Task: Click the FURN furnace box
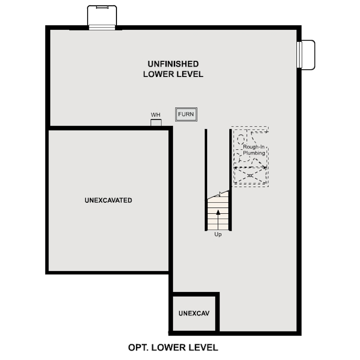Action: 186,114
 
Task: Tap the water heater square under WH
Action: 156,123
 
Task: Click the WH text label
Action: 156,115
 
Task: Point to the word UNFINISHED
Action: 173,64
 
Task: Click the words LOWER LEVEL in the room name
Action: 173,74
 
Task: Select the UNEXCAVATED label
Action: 108,200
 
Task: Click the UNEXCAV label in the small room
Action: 194,313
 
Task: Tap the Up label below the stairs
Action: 218,234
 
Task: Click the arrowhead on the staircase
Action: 218,212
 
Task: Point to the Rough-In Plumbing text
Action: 254,150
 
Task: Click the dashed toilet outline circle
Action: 240,140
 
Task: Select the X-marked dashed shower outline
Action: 250,176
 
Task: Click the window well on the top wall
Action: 102,18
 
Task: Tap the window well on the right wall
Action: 306,55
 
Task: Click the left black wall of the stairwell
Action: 206,180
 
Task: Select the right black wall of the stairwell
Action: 231,180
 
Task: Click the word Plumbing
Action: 254,153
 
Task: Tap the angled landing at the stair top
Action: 219,195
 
